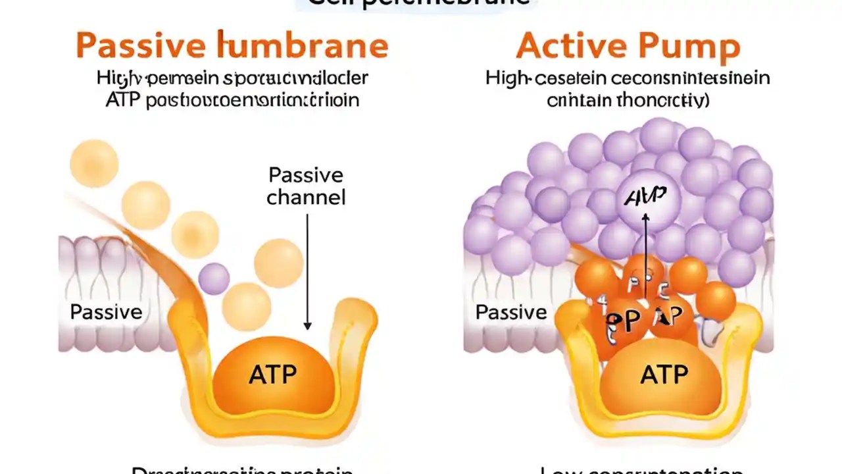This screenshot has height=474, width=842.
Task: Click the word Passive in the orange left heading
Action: pos(136,45)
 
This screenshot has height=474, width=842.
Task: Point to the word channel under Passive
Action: pos(306,197)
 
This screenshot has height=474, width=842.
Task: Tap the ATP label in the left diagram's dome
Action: pos(272,375)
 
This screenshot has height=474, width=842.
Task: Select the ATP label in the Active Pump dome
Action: pos(664,375)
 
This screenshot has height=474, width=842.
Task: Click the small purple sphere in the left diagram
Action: pos(214,278)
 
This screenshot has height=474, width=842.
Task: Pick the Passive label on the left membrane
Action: pos(106,311)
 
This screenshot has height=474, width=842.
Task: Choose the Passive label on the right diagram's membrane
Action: pos(511,311)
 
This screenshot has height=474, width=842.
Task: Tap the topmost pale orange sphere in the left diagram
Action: pos(94,163)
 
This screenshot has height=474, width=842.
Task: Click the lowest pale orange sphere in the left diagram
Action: pos(246,306)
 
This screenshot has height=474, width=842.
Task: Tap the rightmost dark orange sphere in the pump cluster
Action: pos(716,302)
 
